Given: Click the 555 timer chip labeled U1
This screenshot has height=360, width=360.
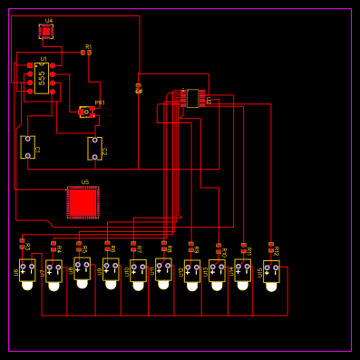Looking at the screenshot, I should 41,78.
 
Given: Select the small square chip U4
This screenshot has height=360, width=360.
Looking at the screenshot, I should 46,31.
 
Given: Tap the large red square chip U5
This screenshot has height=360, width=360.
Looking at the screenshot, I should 83,202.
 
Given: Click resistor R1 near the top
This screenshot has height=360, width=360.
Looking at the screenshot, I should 86,53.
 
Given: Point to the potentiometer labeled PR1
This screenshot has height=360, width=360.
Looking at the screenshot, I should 87,112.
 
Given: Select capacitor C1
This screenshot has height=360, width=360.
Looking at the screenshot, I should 27,148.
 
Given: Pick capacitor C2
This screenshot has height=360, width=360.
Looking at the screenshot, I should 94,148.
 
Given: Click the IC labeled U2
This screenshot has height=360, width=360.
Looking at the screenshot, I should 192,98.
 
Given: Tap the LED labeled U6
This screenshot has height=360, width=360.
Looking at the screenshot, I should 27,271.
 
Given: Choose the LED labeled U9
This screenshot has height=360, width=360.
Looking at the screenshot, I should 111,270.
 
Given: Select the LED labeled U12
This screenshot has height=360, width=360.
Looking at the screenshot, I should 192,271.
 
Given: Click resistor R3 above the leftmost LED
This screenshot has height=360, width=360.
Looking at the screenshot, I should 23,244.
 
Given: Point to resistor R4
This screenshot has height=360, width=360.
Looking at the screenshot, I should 54,246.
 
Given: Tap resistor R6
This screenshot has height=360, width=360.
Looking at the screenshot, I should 107,246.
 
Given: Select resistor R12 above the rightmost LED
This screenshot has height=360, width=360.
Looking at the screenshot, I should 270,247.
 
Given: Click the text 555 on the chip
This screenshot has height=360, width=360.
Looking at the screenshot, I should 42,78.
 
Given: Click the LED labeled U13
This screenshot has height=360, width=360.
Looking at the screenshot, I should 217,271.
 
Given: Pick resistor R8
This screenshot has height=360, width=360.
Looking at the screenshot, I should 164,246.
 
